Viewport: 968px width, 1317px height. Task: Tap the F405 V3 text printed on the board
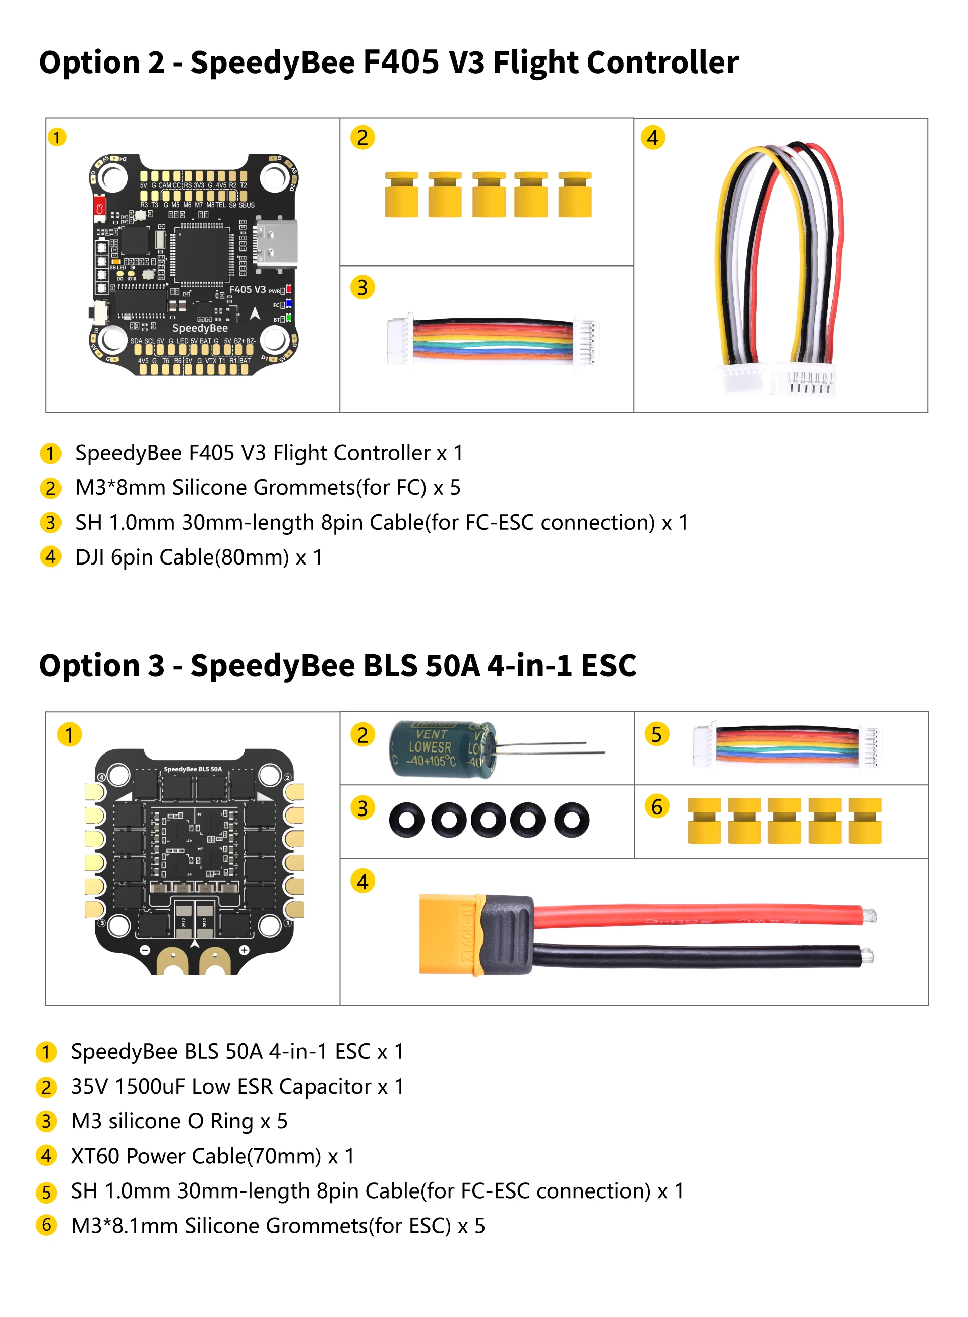point(247,289)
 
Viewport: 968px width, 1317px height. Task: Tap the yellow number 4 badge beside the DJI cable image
point(653,138)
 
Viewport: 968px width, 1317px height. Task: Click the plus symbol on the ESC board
point(245,950)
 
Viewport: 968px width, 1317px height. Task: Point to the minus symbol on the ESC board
point(145,950)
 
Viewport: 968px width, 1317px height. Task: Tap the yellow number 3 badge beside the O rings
point(362,808)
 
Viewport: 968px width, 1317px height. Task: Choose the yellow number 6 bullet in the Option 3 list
point(46,1225)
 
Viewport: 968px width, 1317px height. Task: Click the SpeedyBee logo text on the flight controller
point(200,328)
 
